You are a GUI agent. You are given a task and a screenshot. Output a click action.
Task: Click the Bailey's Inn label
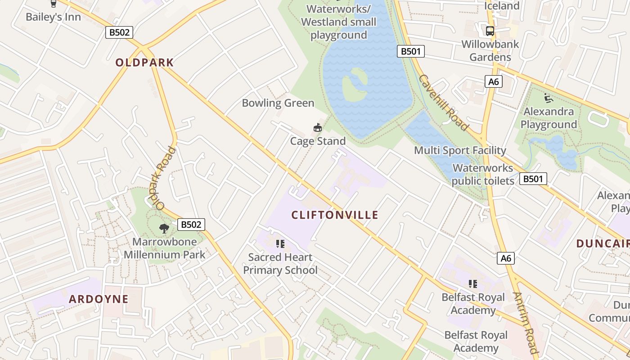(53, 17)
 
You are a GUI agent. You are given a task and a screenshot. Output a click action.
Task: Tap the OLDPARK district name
(144, 63)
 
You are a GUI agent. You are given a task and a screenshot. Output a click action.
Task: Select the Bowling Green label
(278, 103)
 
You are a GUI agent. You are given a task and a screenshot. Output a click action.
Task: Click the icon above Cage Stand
(318, 128)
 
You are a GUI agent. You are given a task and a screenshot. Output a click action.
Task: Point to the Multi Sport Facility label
(460, 150)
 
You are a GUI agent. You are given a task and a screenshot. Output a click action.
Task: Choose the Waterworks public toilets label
(482, 175)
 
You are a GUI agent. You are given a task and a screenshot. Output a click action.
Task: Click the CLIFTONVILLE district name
(335, 215)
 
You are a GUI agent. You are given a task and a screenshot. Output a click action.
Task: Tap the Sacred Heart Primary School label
(280, 264)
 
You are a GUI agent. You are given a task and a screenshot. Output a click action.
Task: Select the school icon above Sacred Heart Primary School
(280, 244)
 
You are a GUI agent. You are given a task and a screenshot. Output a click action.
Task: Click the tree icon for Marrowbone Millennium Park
(164, 228)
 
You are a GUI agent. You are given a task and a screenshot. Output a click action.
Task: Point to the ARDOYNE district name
(99, 299)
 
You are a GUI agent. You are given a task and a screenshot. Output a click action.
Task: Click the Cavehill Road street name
(444, 103)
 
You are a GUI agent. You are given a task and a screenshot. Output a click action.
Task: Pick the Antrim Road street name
(526, 323)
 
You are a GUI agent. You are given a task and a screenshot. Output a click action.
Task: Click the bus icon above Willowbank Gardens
(490, 31)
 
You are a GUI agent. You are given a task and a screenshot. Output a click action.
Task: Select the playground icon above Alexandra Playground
(548, 98)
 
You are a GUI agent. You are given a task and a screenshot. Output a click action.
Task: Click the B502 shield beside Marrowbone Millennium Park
(191, 225)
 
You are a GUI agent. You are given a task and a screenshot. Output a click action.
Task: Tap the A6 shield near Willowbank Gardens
(494, 81)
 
